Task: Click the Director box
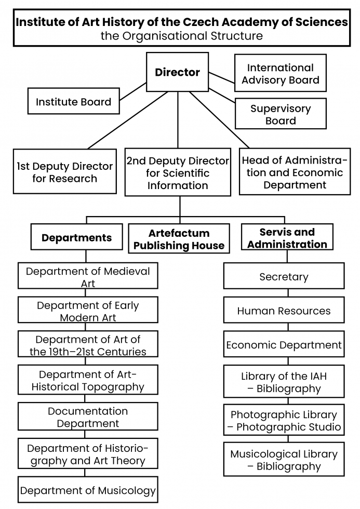[x=177, y=72]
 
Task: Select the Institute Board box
[x=74, y=101]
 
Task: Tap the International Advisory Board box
[x=281, y=73]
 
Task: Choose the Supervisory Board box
[x=281, y=114]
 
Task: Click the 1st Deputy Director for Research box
[x=65, y=171]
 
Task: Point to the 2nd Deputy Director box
[x=178, y=172]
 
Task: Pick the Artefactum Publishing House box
[x=179, y=238]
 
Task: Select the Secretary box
[x=284, y=276]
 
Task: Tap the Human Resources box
[x=284, y=310]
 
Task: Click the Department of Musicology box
[x=88, y=490]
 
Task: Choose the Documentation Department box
[x=88, y=417]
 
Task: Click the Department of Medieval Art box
[x=88, y=276]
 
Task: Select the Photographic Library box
[x=284, y=420]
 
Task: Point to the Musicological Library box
[x=284, y=459]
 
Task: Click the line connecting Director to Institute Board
[x=133, y=91]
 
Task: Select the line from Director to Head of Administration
[x=219, y=120]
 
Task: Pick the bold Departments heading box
[x=76, y=237]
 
